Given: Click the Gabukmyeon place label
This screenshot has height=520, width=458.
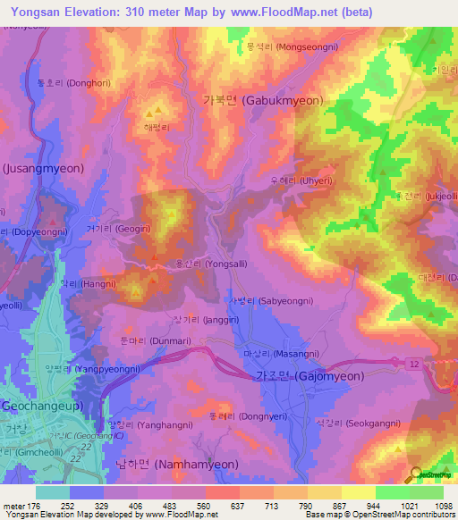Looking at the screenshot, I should click(258, 101).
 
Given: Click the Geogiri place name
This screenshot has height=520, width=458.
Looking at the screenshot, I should click(112, 228).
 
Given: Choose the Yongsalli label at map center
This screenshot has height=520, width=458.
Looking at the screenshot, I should click(204, 264).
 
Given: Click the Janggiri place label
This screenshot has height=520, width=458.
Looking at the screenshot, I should click(193, 318).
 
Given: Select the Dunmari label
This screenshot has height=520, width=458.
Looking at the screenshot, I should click(144, 340).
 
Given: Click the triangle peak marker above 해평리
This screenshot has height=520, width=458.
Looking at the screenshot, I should click(159, 112).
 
